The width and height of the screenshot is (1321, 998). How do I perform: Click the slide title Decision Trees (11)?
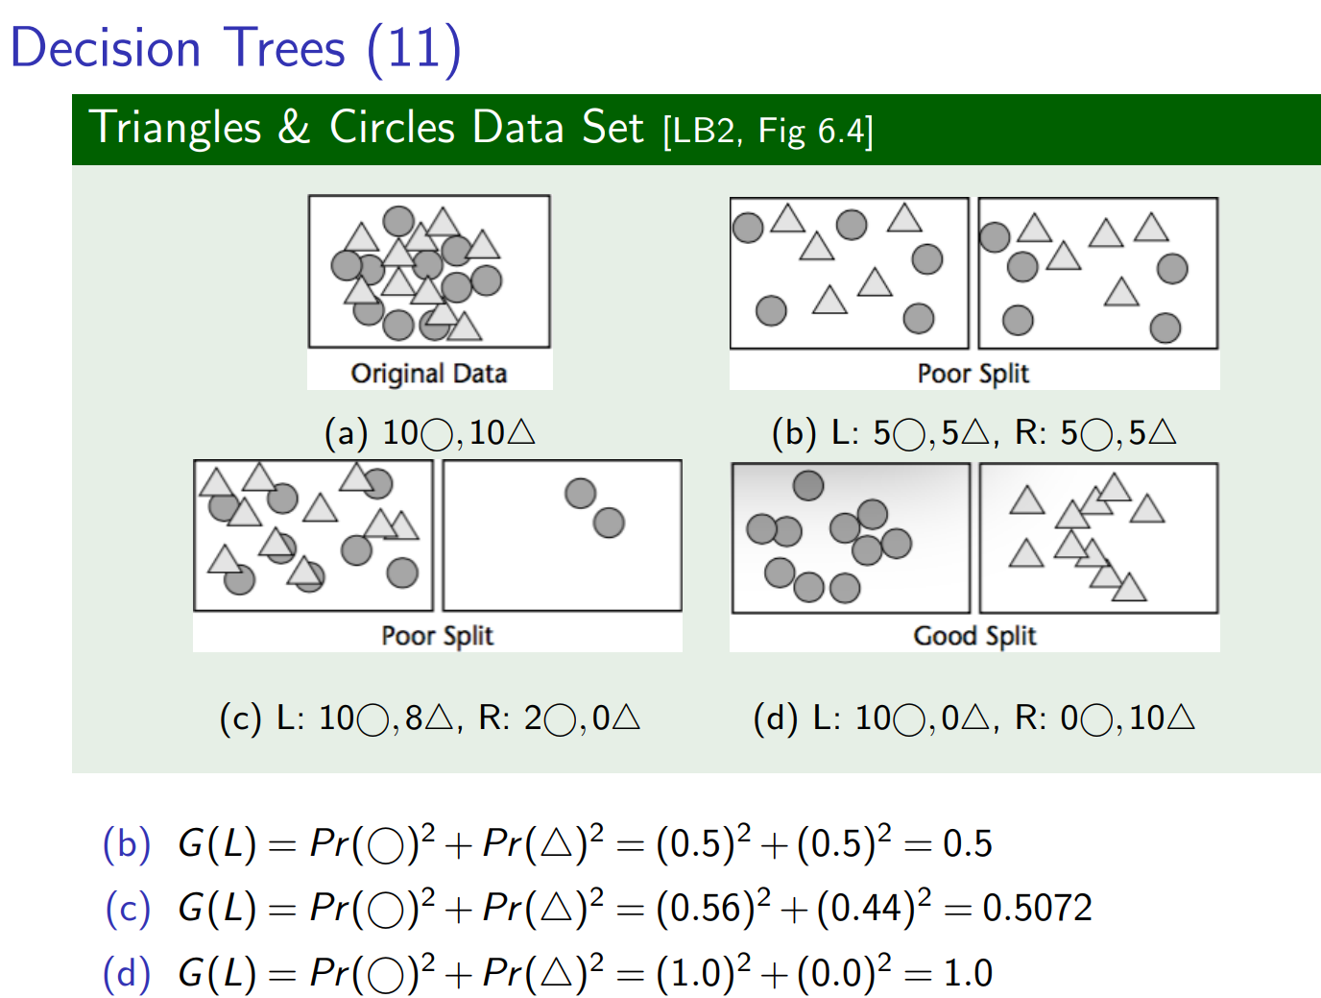(x=235, y=48)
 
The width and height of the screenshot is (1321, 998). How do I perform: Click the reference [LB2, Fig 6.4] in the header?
(x=768, y=131)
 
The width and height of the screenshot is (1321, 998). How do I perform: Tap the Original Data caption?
(x=428, y=373)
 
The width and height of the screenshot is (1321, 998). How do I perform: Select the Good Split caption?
(x=974, y=635)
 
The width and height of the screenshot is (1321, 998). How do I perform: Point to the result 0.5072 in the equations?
(x=1037, y=908)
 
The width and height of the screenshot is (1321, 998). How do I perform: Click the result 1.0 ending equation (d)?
(x=968, y=973)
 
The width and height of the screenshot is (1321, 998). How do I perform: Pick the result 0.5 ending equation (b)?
(x=968, y=843)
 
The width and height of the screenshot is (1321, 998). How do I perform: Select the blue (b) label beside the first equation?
(x=127, y=843)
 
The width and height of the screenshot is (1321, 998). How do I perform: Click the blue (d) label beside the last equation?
(x=127, y=973)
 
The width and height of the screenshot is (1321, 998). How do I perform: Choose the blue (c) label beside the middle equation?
(x=128, y=908)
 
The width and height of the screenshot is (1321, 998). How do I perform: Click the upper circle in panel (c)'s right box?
(x=580, y=494)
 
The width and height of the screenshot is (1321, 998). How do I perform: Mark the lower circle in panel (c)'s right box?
(x=609, y=523)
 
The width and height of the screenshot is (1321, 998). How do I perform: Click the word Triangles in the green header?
(x=175, y=128)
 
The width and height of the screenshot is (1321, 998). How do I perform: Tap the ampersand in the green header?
(x=295, y=128)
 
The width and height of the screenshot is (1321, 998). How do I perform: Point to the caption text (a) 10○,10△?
(x=429, y=433)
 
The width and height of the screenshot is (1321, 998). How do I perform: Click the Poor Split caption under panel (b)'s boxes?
(x=973, y=373)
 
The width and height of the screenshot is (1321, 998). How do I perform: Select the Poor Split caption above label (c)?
(x=437, y=635)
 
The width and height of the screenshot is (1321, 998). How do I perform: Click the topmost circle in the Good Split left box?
(x=808, y=485)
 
